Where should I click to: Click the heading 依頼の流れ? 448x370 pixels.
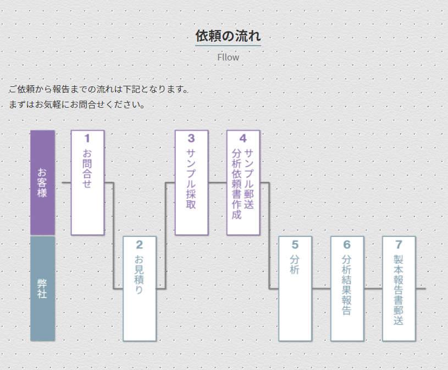tap(228, 36)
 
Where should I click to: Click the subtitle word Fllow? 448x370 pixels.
tap(228, 57)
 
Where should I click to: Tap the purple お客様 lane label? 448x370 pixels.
tap(42, 183)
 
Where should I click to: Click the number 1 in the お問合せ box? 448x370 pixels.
tap(87, 139)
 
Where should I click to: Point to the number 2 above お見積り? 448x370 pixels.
tap(139, 245)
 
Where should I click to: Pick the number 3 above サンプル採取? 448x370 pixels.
tap(191, 139)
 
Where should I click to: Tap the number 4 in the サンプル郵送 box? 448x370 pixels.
tap(242, 139)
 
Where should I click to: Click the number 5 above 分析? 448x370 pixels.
tap(295, 245)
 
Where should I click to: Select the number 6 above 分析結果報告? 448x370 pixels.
tap(346, 245)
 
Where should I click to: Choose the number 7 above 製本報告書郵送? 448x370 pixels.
tap(399, 245)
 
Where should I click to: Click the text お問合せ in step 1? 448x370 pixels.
tap(87, 168)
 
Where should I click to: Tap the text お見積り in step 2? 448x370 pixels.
tap(139, 274)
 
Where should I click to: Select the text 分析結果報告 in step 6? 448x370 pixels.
tap(346, 284)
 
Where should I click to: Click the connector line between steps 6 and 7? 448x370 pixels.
tap(373, 288)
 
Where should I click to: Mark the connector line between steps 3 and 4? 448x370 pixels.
tap(217, 182)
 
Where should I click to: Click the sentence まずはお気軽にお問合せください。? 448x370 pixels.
tap(77, 104)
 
